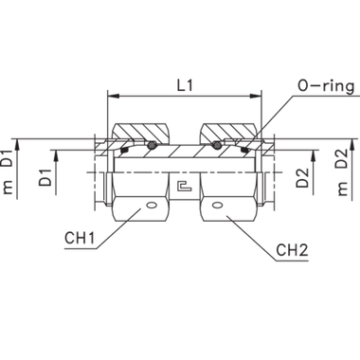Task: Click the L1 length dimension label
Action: point(184,85)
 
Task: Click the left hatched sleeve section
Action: point(139,132)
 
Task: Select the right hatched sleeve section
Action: point(227,132)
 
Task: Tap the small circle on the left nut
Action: point(151,204)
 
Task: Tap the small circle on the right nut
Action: point(217,204)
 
